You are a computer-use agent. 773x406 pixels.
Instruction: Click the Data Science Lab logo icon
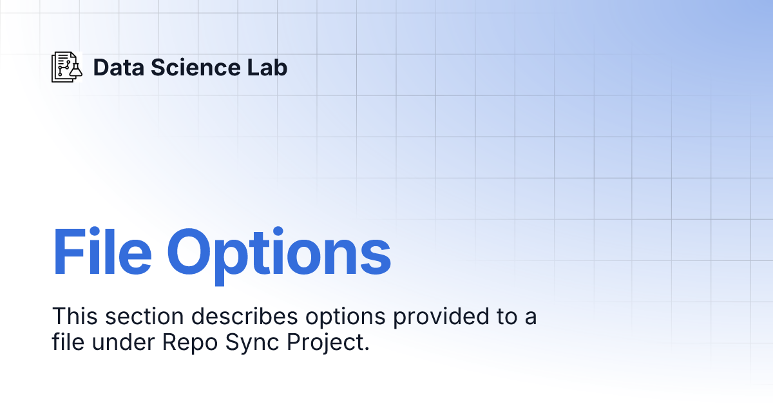tap(67, 67)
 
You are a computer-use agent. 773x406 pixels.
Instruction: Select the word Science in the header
tap(195, 67)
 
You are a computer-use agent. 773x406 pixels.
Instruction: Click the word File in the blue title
tap(102, 251)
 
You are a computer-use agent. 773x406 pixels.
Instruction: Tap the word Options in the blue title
tap(279, 256)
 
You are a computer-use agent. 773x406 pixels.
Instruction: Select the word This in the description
tap(75, 316)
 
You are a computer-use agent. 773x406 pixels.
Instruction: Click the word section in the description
tap(144, 316)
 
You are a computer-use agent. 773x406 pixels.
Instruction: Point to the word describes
tap(245, 316)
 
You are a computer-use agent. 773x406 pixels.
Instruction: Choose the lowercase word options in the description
tap(345, 318)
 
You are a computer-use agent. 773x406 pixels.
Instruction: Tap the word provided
tap(441, 318)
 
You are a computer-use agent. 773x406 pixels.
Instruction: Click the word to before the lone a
tap(507, 316)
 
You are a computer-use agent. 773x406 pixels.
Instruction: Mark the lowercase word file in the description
tap(68, 342)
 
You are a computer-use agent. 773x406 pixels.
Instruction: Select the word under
tap(123, 342)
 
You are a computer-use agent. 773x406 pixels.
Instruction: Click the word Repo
tap(190, 344)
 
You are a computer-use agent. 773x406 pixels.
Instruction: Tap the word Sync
tap(252, 344)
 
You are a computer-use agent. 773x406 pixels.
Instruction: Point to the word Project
tap(325, 344)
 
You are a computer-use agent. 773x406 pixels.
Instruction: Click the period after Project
tap(367, 349)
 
